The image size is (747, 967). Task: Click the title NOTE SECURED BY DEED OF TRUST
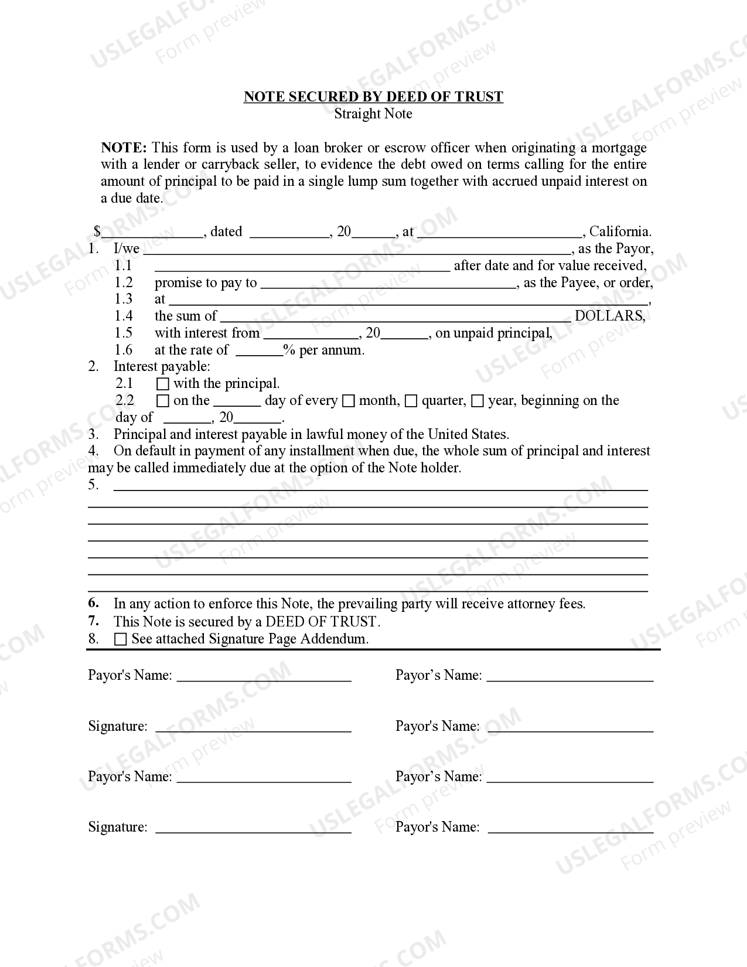click(x=373, y=97)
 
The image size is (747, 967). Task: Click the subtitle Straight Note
click(x=373, y=114)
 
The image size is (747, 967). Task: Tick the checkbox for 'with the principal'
click(x=163, y=384)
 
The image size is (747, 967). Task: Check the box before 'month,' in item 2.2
click(x=349, y=401)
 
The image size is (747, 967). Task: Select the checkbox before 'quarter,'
click(x=411, y=401)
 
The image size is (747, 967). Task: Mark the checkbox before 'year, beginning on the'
click(x=477, y=401)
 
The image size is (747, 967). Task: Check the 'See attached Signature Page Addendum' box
click(x=121, y=639)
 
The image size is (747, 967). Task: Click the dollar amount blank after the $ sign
click(x=152, y=233)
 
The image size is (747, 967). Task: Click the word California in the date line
click(x=620, y=231)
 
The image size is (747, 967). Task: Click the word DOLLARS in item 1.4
click(x=609, y=316)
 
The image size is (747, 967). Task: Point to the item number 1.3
click(x=124, y=299)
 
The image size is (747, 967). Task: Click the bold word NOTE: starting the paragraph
click(x=124, y=147)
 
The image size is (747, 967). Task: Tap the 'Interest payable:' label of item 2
click(x=162, y=367)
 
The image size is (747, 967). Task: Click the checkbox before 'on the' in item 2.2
click(x=163, y=401)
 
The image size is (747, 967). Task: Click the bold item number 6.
click(x=94, y=603)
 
